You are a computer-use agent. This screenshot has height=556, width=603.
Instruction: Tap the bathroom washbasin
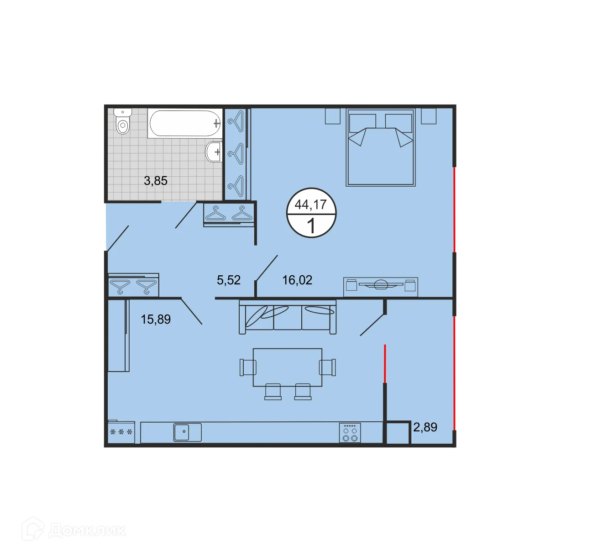(214, 152)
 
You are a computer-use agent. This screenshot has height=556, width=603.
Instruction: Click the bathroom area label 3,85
(156, 181)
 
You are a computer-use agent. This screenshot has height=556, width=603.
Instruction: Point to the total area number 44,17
(311, 205)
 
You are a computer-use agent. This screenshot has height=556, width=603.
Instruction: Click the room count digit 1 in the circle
(311, 226)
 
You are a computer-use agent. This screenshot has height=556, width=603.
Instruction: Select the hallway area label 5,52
(229, 280)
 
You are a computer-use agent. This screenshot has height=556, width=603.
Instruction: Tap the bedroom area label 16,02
(297, 280)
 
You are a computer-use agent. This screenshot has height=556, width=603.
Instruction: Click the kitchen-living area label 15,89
(156, 319)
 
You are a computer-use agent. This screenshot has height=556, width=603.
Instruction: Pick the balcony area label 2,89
(425, 427)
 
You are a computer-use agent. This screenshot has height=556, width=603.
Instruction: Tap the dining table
(288, 367)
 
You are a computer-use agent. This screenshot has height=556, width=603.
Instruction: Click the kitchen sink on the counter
(187, 432)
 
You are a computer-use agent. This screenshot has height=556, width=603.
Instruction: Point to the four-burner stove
(350, 433)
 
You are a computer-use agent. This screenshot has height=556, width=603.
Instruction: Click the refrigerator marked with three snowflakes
(121, 432)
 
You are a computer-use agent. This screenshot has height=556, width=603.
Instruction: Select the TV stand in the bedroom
(380, 287)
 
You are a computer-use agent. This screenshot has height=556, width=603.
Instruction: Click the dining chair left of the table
(248, 367)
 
